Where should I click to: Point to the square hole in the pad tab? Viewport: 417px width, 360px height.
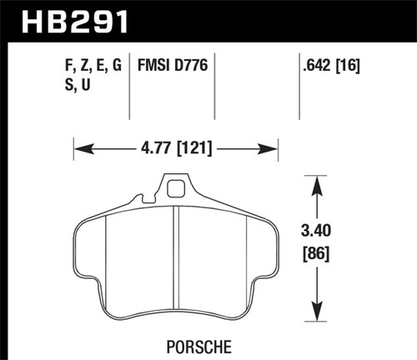click(174, 188)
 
